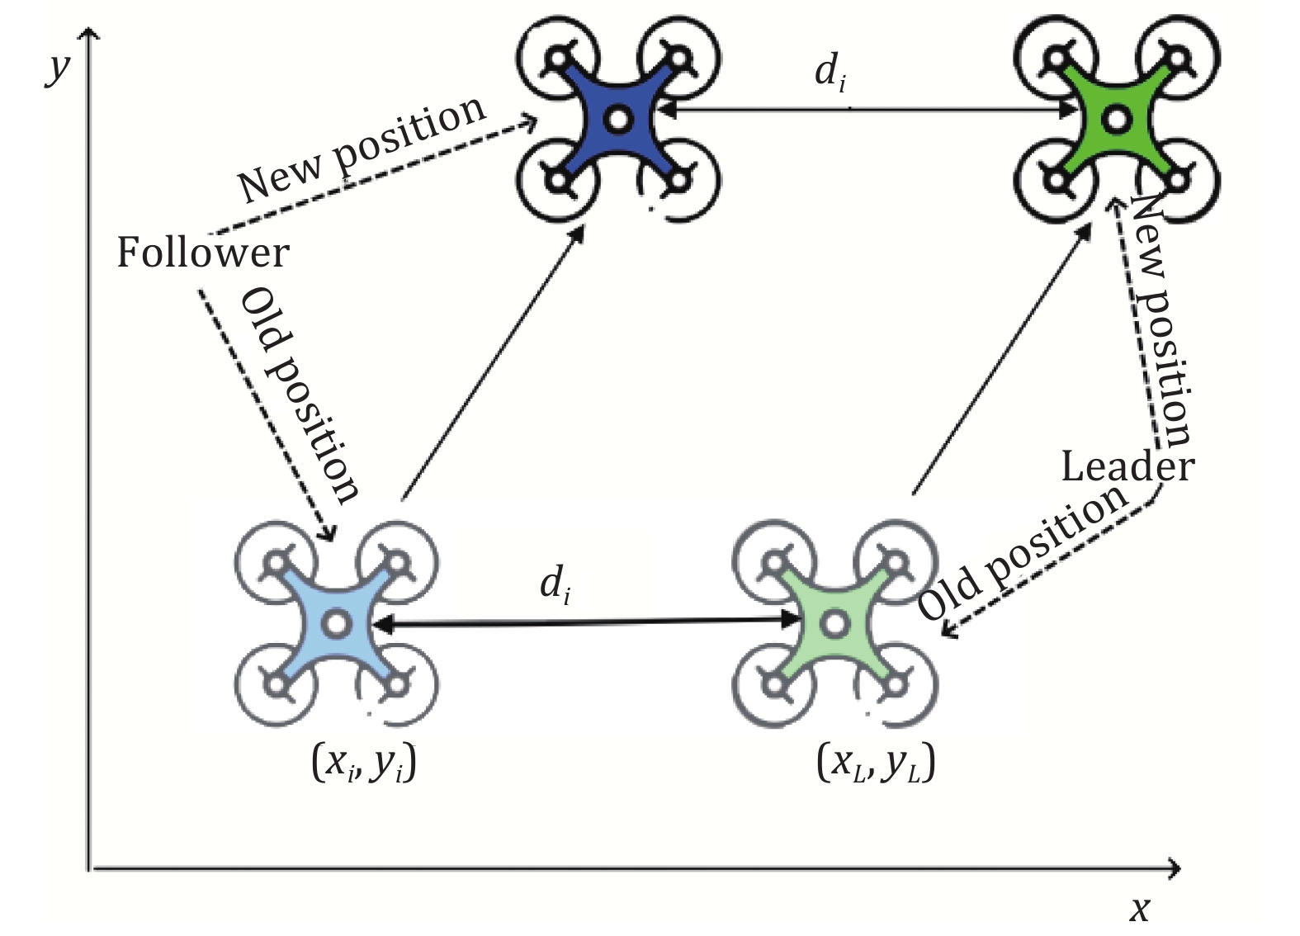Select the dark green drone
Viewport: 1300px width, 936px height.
coord(1116,120)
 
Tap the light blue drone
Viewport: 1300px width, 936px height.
coord(336,623)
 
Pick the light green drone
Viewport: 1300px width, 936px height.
coord(834,623)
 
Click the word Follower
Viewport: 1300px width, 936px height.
coord(203,253)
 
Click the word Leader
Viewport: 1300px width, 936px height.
coord(1127,467)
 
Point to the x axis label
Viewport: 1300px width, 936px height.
coord(1140,909)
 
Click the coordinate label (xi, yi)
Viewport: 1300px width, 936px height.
coord(364,762)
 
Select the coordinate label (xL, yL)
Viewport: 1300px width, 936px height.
coord(876,762)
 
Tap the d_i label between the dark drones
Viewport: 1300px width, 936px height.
coord(830,72)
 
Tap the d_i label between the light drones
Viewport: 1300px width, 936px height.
coord(555,584)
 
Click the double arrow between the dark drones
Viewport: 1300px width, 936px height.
coord(867,109)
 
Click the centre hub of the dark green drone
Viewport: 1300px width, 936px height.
coord(1116,120)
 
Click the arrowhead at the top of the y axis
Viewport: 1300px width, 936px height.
coord(88,33)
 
